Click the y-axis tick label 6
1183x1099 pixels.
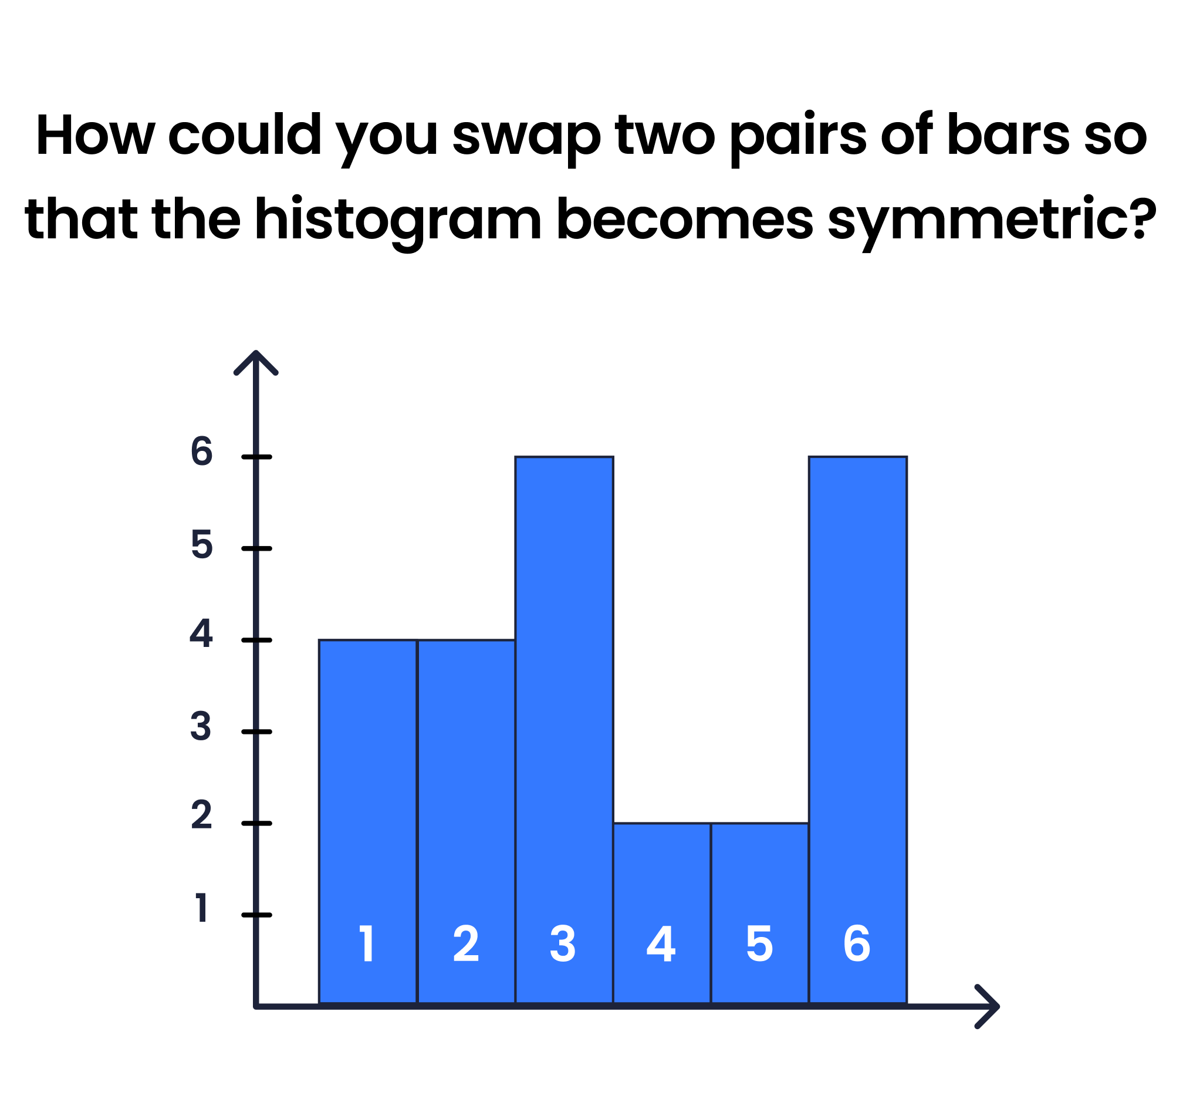[201, 451]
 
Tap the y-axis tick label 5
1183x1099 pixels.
[201, 545]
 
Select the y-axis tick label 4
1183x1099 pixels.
[201, 634]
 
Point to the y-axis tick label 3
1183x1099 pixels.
[201, 727]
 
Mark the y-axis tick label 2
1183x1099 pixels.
[201, 815]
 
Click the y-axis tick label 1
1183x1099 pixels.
[201, 908]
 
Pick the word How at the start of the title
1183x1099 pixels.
[95, 134]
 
